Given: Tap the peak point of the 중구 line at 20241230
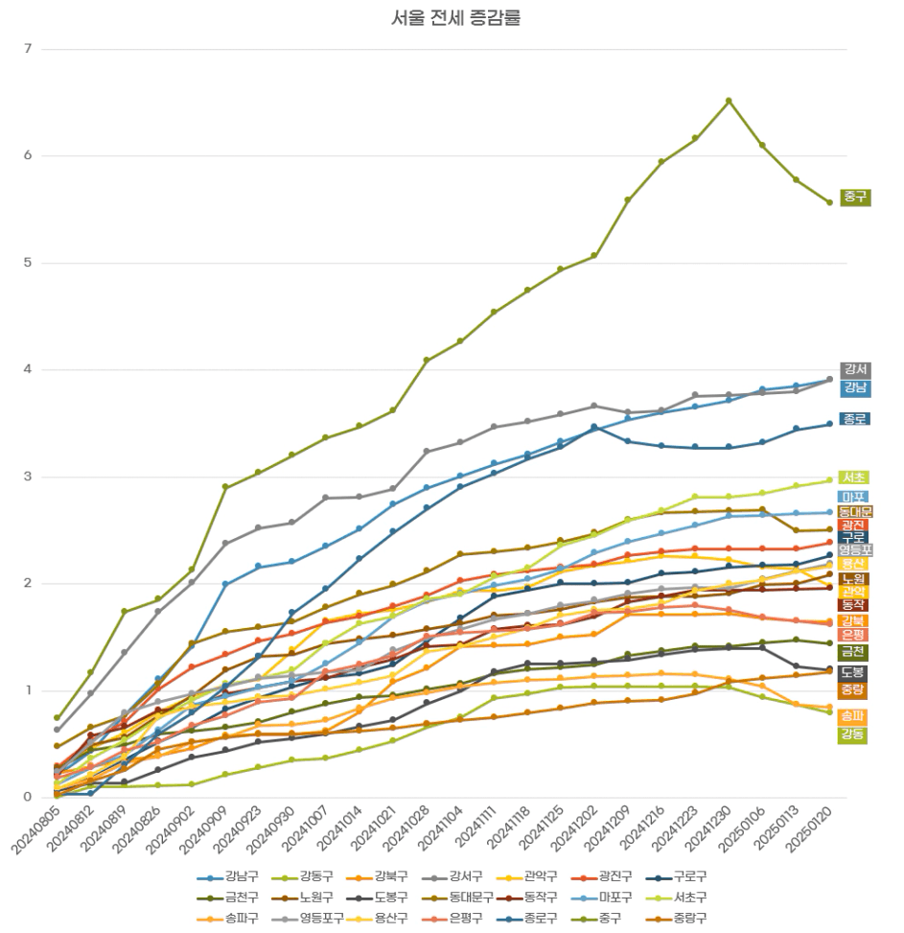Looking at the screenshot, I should coord(729,101).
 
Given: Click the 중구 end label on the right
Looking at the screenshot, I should coord(855,198).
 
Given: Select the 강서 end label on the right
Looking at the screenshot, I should coord(855,370).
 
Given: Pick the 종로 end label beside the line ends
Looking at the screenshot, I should coord(855,419).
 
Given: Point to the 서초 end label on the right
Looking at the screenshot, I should coord(855,478).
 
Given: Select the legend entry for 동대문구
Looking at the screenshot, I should coord(457,898).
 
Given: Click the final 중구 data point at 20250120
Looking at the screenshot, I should coord(830,202).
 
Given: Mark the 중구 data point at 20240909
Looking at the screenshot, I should coord(225,487).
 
